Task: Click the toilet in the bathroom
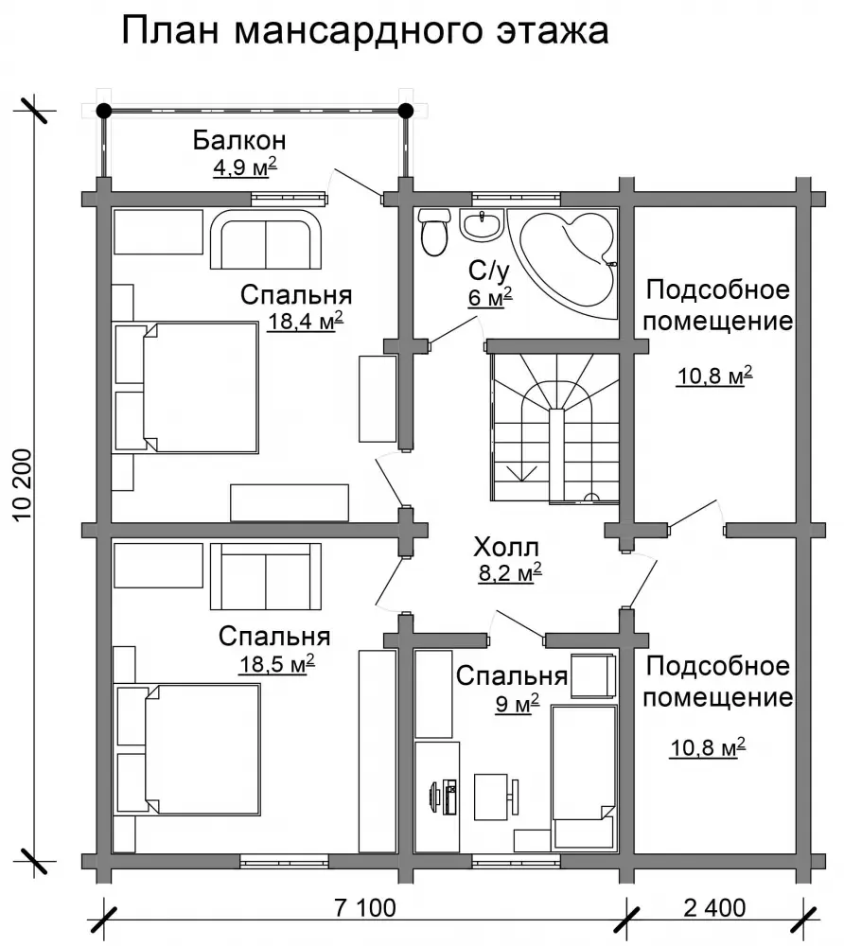point(434,232)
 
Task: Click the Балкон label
point(239,140)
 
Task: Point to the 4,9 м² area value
point(245,167)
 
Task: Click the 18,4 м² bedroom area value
point(306,321)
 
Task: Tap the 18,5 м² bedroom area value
point(277,664)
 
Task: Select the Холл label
point(506,547)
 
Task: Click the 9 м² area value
point(517,704)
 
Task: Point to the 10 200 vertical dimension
point(22,485)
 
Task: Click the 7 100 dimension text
point(365,907)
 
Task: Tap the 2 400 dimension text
point(714,907)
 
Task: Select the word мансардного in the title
point(358,31)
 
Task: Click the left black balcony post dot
point(104,111)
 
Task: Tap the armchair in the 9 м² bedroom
point(593,675)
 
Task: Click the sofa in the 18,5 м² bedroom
point(266,577)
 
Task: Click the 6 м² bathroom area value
point(490,298)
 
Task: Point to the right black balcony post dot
point(406,111)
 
